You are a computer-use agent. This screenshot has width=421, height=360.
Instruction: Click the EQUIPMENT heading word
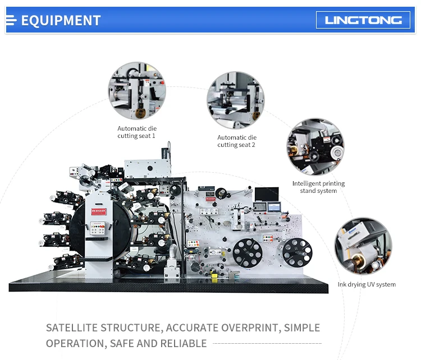tap(61, 20)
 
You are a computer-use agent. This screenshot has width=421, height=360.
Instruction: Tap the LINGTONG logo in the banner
tap(363, 20)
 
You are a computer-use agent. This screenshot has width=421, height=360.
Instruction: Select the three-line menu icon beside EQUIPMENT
tap(11, 20)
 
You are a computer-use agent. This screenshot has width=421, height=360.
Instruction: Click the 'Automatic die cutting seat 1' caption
tap(137, 132)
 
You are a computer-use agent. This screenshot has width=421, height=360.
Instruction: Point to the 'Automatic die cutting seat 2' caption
tap(237, 141)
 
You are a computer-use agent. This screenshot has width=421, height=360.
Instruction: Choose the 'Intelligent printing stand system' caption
tap(318, 187)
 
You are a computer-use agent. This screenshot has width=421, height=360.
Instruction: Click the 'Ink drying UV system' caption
tap(367, 284)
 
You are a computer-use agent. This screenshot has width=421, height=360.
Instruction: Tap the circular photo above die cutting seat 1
tap(137, 91)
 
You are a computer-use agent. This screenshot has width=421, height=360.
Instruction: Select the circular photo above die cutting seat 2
tap(236, 100)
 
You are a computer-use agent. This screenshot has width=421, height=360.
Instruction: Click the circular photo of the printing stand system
tap(315, 147)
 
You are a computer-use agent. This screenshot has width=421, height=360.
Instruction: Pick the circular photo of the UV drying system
tap(363, 246)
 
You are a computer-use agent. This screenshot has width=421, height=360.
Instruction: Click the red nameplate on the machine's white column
tap(99, 211)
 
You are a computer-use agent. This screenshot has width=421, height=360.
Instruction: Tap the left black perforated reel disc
tap(248, 253)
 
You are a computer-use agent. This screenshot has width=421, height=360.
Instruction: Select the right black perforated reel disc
tap(297, 253)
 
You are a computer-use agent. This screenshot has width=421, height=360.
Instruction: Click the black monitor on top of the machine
tap(267, 194)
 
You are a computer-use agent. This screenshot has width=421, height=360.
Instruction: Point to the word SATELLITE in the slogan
tap(72, 328)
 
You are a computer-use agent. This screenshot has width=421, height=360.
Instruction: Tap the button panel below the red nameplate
tap(98, 229)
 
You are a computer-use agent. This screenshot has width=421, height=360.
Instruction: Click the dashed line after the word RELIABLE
tap(267, 343)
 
